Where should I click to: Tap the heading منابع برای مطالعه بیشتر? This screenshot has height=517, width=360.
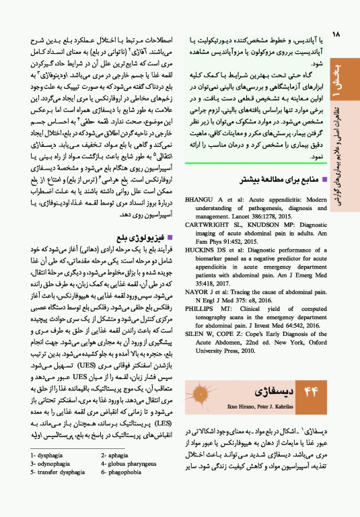(284, 180)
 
